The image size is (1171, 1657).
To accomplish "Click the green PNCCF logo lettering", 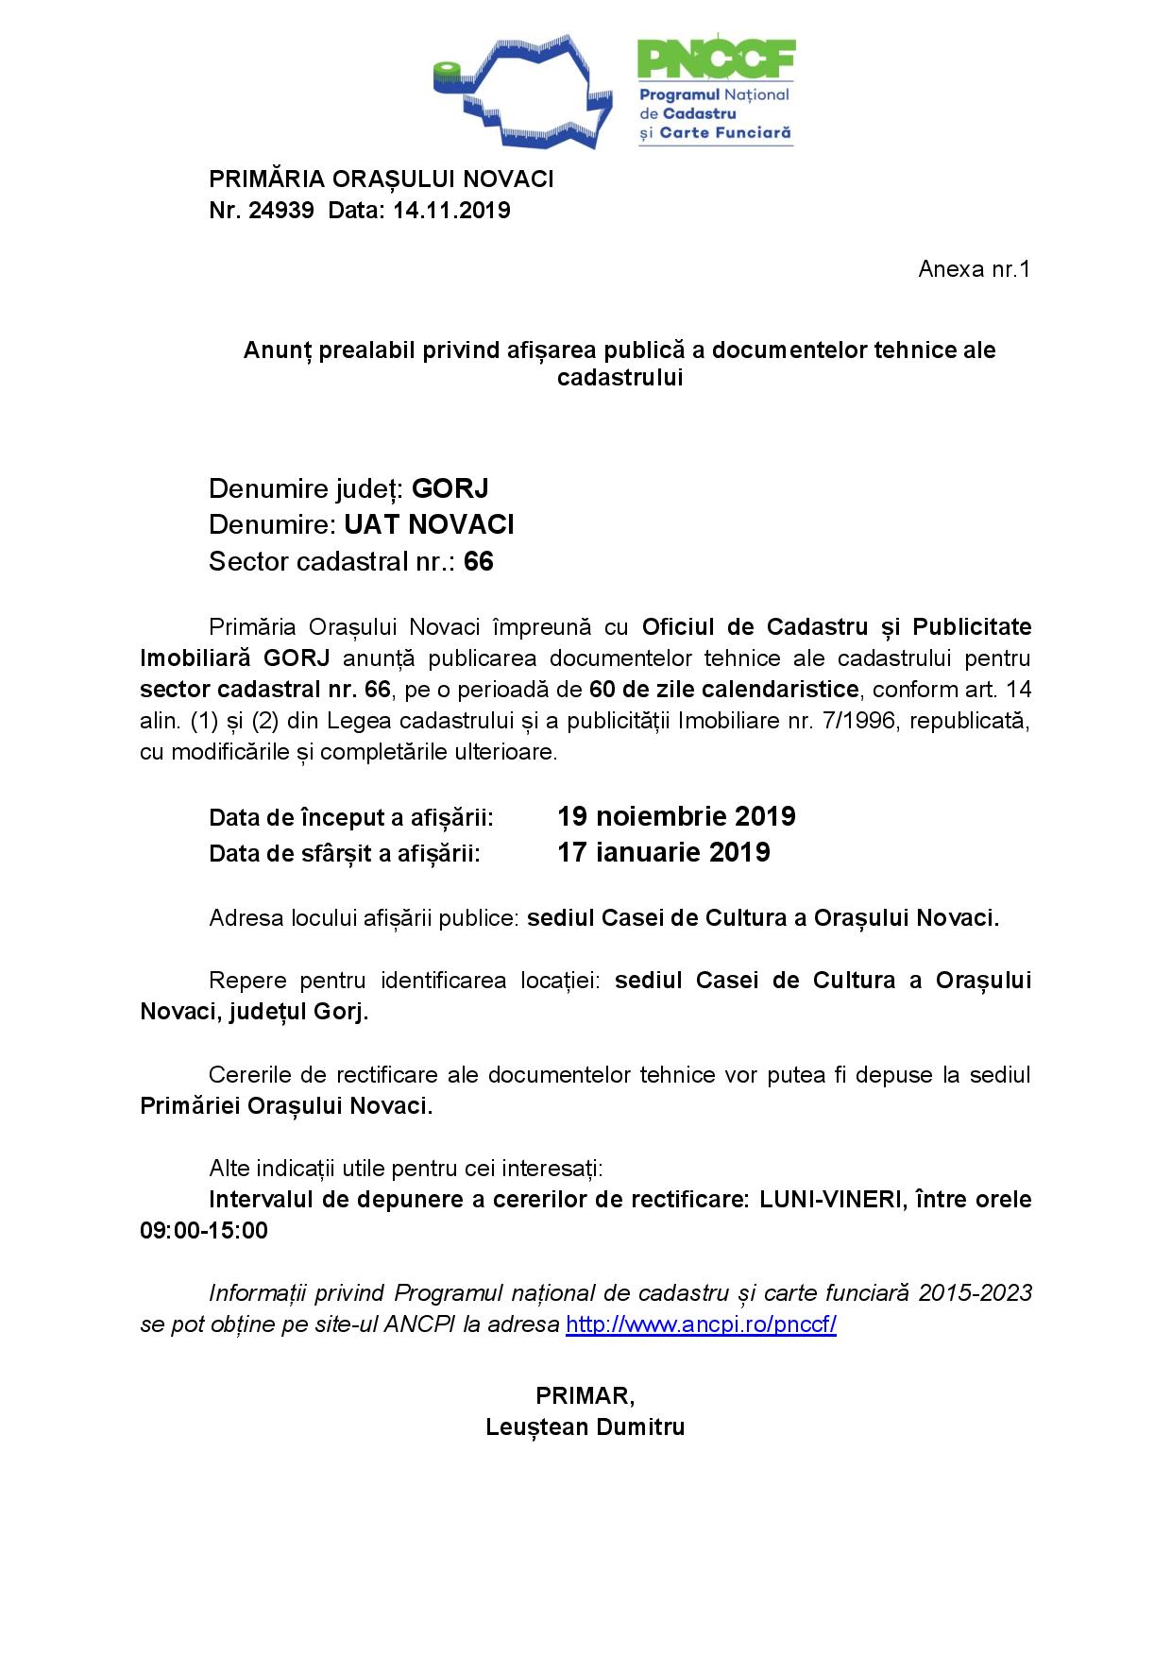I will (x=715, y=60).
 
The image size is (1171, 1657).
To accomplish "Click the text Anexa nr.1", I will (x=974, y=269).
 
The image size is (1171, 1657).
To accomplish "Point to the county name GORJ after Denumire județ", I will (x=450, y=489).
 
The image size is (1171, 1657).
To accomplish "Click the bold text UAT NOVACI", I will (x=429, y=525).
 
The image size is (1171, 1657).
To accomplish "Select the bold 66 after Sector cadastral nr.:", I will (x=479, y=562).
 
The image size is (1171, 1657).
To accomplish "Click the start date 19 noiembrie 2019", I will (x=676, y=816).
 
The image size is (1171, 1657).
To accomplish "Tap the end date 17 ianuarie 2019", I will (x=664, y=853).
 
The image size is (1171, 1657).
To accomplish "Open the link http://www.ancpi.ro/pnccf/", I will (x=701, y=1324).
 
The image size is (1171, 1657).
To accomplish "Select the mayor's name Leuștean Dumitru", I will (x=585, y=1426).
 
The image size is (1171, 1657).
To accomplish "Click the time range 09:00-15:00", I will (x=204, y=1231).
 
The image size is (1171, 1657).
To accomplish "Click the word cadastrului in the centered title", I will (x=619, y=378).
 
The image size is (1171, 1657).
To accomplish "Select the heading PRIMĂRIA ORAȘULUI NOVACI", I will (x=382, y=179).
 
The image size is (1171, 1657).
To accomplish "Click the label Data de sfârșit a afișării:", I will (x=345, y=854).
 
